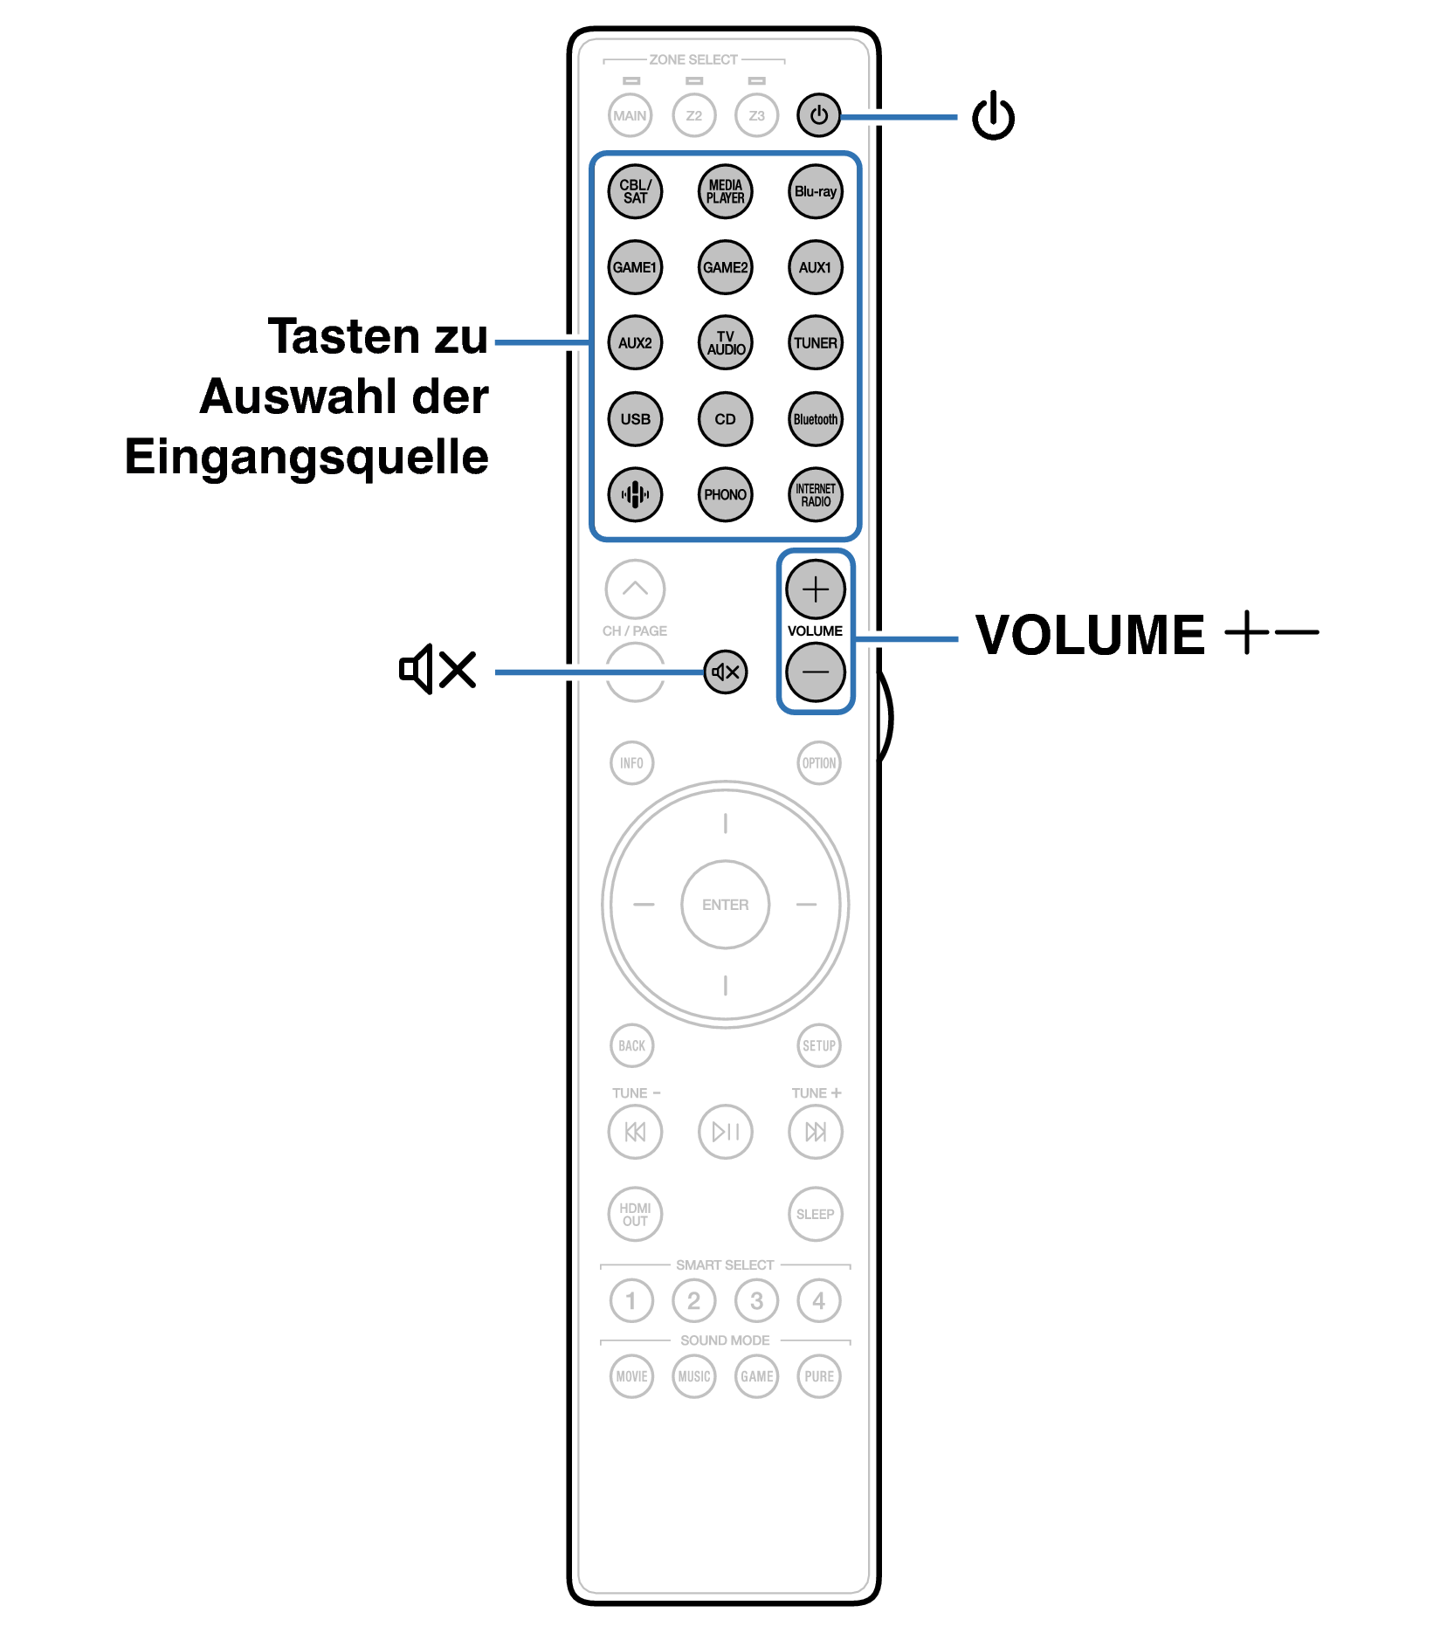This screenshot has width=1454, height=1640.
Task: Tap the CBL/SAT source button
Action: (x=635, y=191)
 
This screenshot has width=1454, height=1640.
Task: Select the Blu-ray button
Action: (x=815, y=191)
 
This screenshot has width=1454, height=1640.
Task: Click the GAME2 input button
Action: (x=725, y=267)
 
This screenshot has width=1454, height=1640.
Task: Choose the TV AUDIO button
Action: (x=725, y=342)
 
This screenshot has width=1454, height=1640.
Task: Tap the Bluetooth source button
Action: (x=815, y=418)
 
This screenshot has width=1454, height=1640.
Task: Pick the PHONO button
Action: (x=725, y=494)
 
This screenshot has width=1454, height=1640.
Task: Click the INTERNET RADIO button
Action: (x=815, y=494)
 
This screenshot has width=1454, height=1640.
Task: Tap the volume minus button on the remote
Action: (x=815, y=672)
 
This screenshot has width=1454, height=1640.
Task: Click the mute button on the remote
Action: (x=726, y=672)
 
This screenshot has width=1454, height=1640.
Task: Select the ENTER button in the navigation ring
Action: (x=725, y=905)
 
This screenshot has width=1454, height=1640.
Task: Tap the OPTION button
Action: (x=818, y=762)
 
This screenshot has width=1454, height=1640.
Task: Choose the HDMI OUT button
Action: (x=635, y=1214)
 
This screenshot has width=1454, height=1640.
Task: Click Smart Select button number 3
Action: (x=756, y=1300)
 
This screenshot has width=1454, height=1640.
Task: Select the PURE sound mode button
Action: (x=818, y=1376)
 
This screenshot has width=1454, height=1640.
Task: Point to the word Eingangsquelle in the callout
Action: (x=307, y=457)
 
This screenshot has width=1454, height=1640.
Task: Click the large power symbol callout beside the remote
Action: (x=993, y=116)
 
